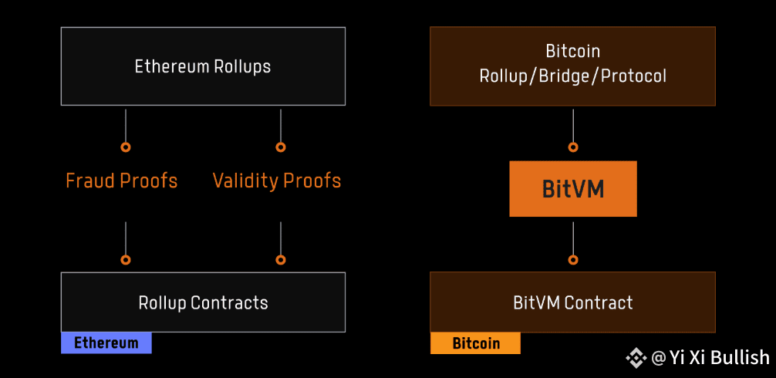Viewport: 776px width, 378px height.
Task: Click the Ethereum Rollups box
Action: point(203,66)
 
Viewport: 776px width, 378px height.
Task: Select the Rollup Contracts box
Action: point(203,302)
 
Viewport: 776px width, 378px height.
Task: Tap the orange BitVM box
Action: point(572,189)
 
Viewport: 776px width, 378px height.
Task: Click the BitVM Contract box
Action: point(572,302)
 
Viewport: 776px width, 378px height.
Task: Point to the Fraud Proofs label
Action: point(122,181)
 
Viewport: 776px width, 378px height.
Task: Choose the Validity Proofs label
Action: point(277,181)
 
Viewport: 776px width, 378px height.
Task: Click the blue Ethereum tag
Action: point(106,343)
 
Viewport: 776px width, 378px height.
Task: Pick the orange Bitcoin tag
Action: point(475,343)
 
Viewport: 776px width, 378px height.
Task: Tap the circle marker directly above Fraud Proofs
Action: point(126,147)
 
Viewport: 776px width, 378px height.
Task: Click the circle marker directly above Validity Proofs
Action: point(281,147)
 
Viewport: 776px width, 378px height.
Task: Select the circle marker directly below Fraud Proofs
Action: point(126,260)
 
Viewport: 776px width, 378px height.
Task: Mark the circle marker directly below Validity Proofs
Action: point(281,260)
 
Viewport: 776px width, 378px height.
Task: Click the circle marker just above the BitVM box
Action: point(572,147)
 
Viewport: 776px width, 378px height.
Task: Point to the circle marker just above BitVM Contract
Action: point(572,260)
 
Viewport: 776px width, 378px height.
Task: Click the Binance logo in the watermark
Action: point(636,357)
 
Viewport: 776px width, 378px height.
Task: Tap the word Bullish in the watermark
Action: point(739,357)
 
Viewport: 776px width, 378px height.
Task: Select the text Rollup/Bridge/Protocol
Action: point(572,76)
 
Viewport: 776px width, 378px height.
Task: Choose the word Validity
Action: point(245,181)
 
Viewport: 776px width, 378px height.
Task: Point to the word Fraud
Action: point(89,181)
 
